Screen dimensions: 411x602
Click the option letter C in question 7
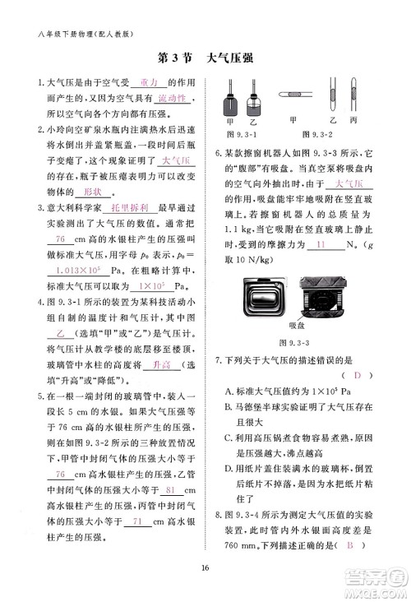tap(228, 437)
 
